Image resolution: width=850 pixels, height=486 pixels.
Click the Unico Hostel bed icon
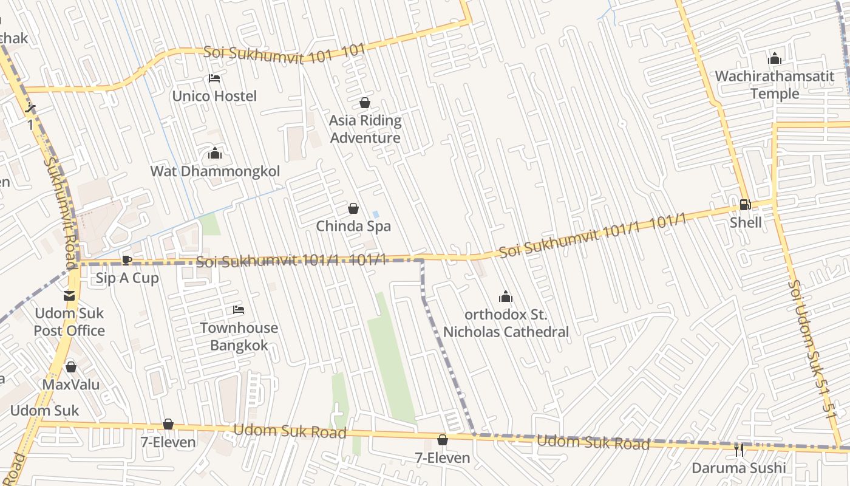pyautogui.click(x=214, y=78)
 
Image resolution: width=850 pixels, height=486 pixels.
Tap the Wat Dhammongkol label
pyautogui.click(x=215, y=171)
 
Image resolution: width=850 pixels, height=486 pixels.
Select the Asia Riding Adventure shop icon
pyautogui.click(x=365, y=103)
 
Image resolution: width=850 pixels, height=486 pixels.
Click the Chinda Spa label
pyautogui.click(x=353, y=227)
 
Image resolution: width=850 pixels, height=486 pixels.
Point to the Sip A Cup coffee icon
pyautogui.click(x=126, y=261)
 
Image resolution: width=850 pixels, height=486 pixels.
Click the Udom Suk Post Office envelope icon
pyautogui.click(x=69, y=296)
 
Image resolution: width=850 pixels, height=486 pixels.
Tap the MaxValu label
pyautogui.click(x=70, y=385)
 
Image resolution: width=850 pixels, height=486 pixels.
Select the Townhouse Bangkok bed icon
pyautogui.click(x=239, y=310)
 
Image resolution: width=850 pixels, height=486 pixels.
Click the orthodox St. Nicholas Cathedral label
pyautogui.click(x=506, y=323)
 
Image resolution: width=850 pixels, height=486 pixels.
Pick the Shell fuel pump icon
pyautogui.click(x=745, y=205)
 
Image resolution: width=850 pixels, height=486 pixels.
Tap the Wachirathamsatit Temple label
pyautogui.click(x=774, y=85)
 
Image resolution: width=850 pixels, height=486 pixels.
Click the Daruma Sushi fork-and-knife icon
pyautogui.click(x=738, y=450)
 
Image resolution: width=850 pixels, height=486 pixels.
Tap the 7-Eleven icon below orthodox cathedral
pyautogui.click(x=443, y=440)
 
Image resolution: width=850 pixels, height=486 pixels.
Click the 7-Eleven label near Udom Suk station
pyautogui.click(x=168, y=442)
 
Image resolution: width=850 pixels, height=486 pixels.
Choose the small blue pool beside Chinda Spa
pyautogui.click(x=375, y=214)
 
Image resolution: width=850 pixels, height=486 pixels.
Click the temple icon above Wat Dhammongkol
pyautogui.click(x=215, y=154)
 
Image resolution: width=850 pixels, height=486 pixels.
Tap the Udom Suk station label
pyautogui.click(x=44, y=411)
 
